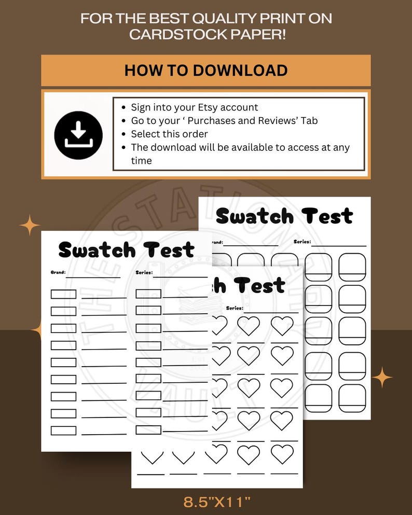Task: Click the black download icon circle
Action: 78,135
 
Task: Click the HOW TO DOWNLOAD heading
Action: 205,71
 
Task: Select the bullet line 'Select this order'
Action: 169,134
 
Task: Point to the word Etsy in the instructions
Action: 209,107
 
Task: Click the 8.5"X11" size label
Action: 217,502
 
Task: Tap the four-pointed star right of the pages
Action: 382,377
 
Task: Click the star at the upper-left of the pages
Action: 30,225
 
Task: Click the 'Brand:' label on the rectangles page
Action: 58,272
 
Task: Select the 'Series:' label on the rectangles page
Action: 144,272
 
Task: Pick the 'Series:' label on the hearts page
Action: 235,308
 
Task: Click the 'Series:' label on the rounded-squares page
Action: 302,242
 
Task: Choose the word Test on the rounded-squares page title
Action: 327,216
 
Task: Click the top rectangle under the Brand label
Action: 63,294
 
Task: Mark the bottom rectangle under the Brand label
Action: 63,430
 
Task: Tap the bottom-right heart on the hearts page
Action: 282,454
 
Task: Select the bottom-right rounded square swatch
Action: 352,398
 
